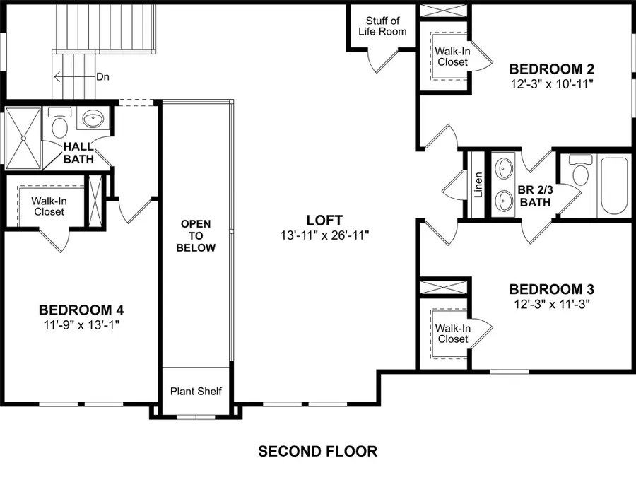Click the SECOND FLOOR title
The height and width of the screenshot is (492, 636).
point(317,451)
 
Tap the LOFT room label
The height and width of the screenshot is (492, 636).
point(324,220)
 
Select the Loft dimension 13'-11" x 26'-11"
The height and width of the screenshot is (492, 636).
point(324,234)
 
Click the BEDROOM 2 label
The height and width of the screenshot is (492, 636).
point(551,69)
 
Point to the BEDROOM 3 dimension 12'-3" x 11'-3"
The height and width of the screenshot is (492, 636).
point(551,303)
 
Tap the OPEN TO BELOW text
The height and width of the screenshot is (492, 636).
point(196,236)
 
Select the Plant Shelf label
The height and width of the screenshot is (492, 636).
point(196,391)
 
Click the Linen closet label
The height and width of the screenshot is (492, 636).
point(478,185)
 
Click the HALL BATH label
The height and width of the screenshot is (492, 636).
point(78,153)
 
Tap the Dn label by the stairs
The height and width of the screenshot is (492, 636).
point(103,76)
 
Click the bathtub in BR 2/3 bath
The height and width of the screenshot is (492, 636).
point(613,187)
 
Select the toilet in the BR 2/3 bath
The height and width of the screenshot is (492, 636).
point(580,172)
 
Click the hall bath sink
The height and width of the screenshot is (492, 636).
point(93,119)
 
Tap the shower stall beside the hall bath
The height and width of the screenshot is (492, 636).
point(22,139)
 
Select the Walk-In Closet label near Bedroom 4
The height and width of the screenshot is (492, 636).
point(48,206)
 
